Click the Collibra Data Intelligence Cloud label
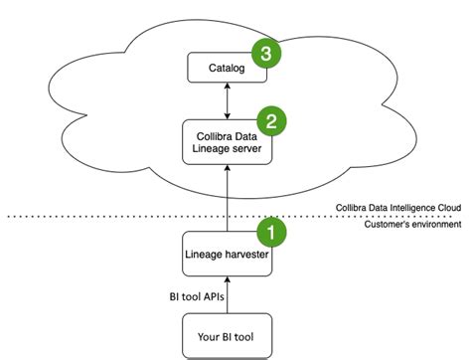396,207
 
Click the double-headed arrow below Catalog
228,100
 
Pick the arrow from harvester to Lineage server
228,199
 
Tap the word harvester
246,255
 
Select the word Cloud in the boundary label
448,207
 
